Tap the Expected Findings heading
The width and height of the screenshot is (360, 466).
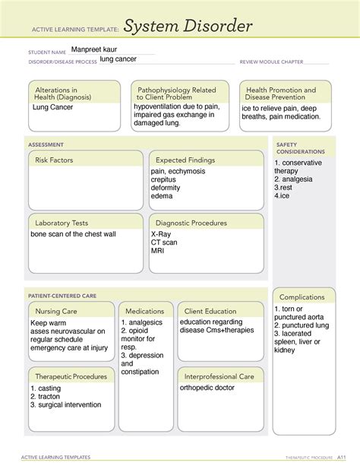(185, 160)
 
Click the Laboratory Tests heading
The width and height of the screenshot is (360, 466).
(62, 223)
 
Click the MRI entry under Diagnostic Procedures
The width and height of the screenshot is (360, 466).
(159, 251)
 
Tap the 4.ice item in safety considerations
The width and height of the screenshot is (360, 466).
(283, 195)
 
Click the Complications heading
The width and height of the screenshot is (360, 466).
(302, 296)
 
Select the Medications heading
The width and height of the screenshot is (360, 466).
(145, 311)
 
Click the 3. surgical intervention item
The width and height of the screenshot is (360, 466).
(65, 405)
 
